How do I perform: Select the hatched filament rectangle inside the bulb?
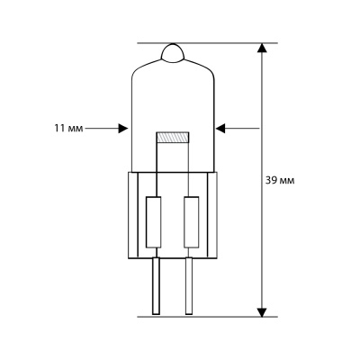pos(172,138)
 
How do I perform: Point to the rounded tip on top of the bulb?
pos(173,53)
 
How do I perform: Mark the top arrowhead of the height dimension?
pos(263,49)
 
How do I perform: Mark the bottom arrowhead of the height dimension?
pos(263,310)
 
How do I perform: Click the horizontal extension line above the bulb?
pos(207,42)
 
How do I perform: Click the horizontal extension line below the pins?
pos(207,316)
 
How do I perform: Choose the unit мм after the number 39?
pos(294,180)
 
